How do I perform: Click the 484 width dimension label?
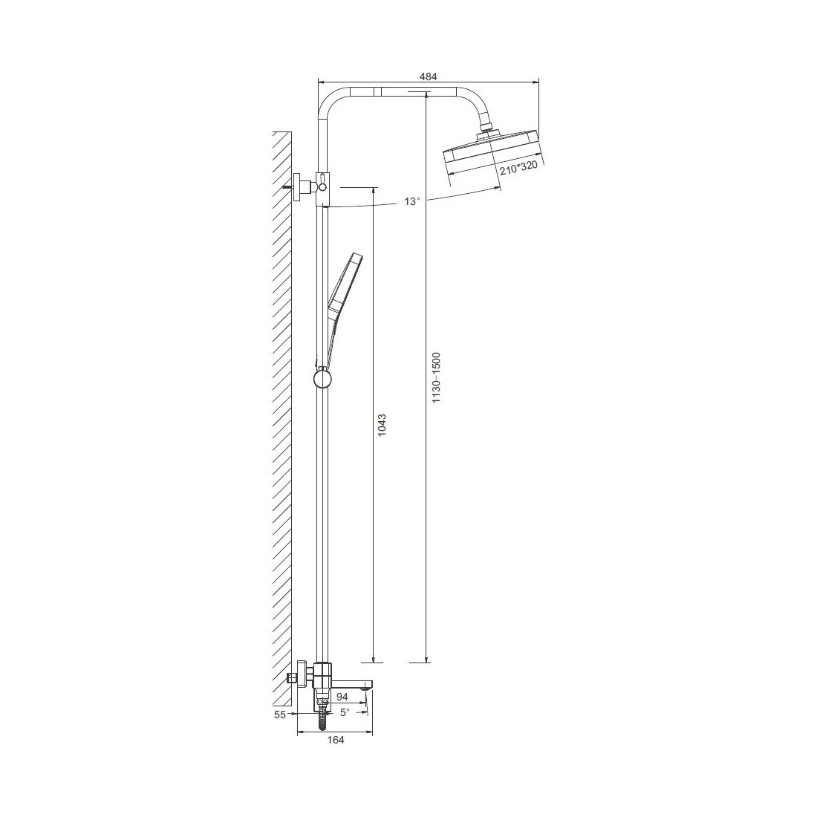(429, 76)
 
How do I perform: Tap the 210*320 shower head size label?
(518, 167)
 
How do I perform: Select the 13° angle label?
(411, 201)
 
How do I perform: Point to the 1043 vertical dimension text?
(382, 425)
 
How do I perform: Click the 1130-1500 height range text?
(437, 377)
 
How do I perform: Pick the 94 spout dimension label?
(342, 697)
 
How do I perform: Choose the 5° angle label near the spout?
(345, 712)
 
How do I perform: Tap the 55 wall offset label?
(280, 715)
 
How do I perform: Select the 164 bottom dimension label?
(336, 739)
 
